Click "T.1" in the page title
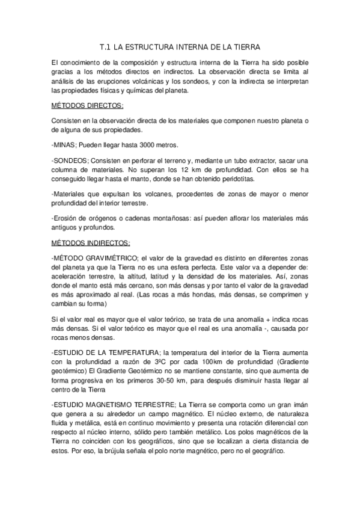point(105,46)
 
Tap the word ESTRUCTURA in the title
point(149,46)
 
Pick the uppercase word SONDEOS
point(72,161)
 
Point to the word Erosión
point(66,217)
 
